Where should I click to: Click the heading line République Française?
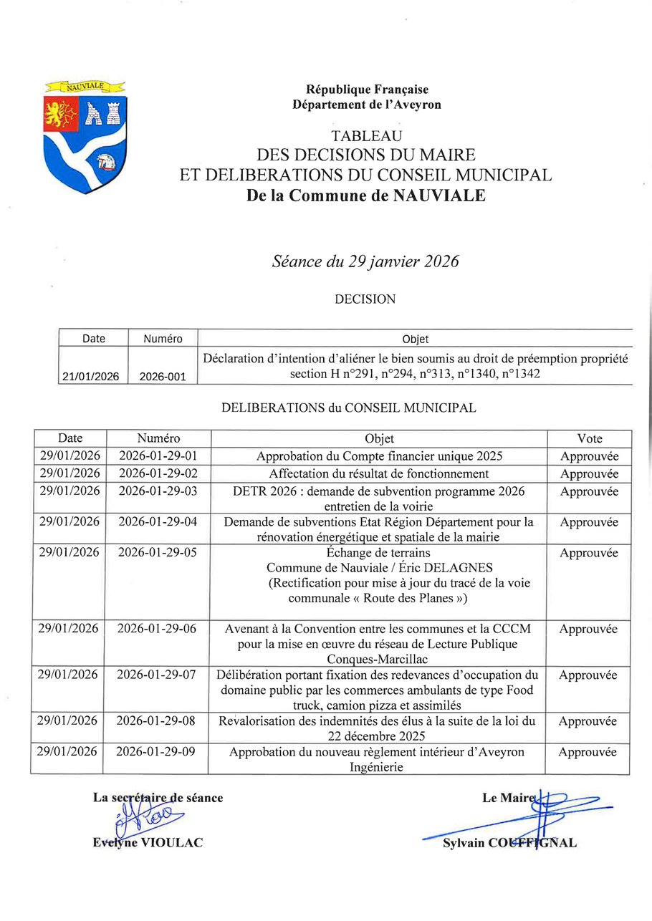point(367,90)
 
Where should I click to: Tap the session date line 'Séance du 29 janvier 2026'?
point(365,261)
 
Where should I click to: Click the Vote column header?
point(589,438)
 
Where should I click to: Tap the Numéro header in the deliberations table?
point(158,438)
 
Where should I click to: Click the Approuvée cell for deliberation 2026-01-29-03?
point(589,492)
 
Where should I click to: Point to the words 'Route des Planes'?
point(423,598)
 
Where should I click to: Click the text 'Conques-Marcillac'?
point(378,659)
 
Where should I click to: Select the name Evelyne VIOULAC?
point(148,843)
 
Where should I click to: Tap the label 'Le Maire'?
point(509,798)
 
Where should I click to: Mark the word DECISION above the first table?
point(365,299)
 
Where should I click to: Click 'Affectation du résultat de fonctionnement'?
point(379,473)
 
